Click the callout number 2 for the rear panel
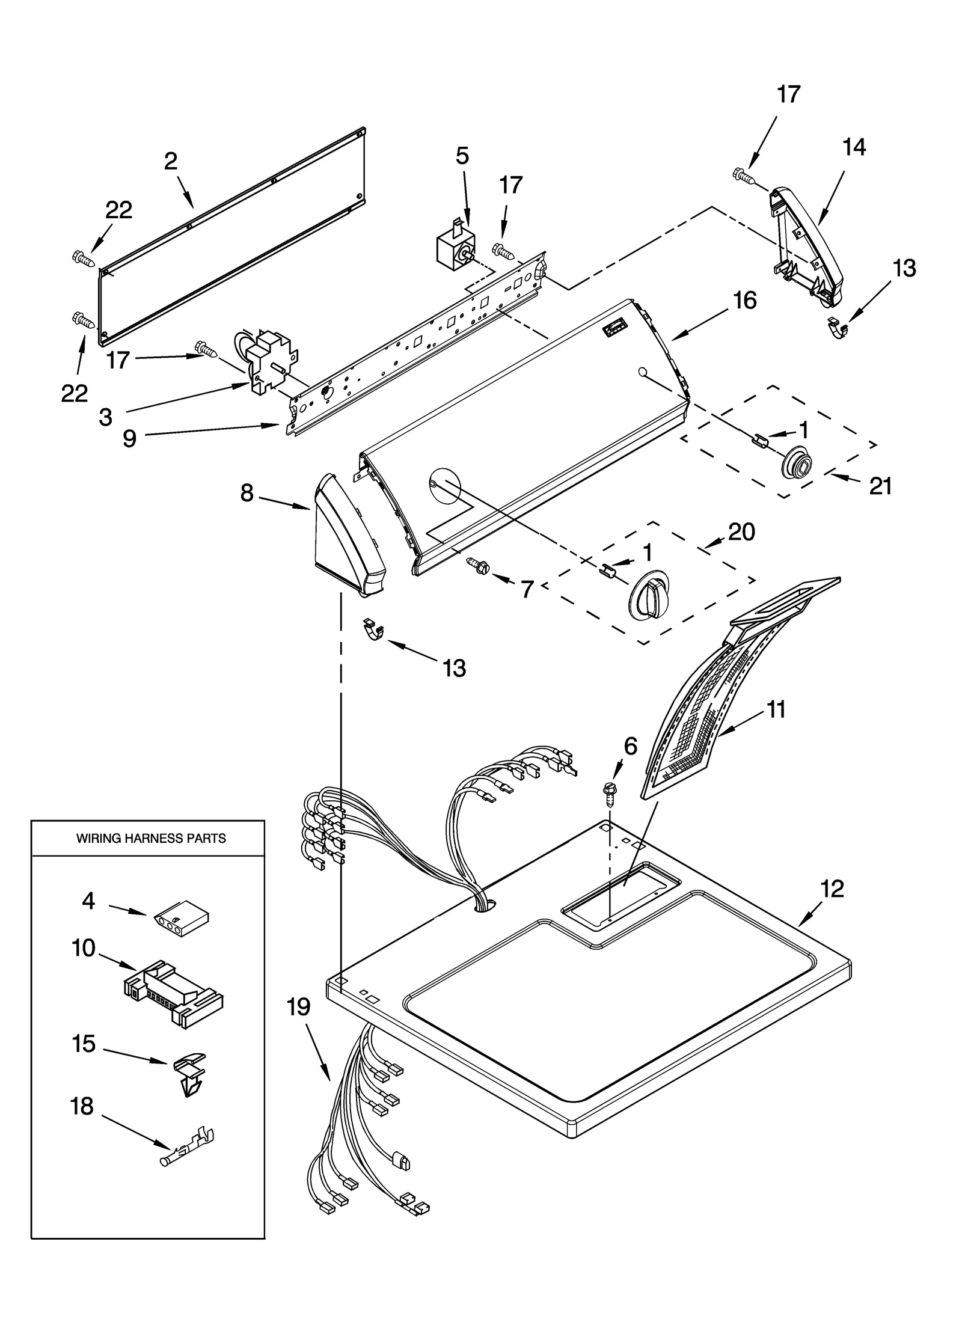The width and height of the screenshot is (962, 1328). pyautogui.click(x=171, y=161)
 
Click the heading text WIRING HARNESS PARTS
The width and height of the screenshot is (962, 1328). pyautogui.click(x=151, y=838)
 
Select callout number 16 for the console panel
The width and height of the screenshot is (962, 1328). pyautogui.click(x=745, y=300)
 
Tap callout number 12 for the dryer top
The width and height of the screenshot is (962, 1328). pyautogui.click(x=833, y=889)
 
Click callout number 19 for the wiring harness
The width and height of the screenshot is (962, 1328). pyautogui.click(x=298, y=1006)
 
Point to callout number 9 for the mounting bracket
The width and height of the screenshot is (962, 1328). pyautogui.click(x=129, y=438)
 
